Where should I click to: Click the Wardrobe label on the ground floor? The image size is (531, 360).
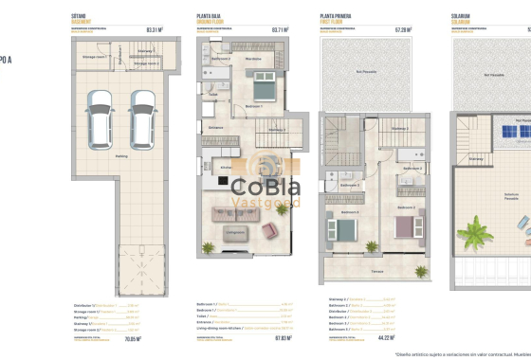(x=253, y=58)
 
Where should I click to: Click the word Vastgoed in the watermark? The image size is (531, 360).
(x=267, y=203)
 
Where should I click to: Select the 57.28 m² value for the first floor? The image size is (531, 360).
(x=403, y=29)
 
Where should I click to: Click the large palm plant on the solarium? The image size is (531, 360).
(x=470, y=228)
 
